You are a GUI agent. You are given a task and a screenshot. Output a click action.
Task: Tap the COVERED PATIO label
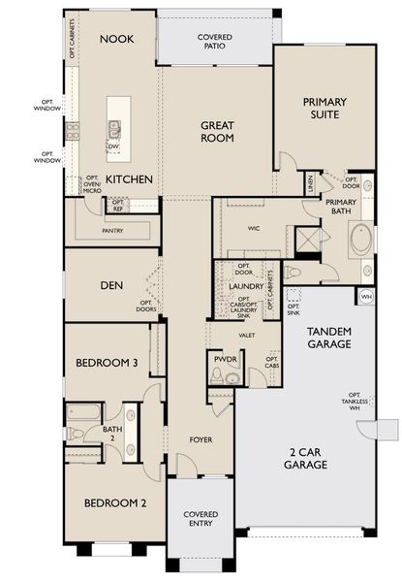tap(214, 41)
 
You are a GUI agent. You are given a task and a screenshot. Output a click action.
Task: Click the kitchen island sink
tap(115, 126)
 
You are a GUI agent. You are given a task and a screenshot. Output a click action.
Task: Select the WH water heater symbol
tap(367, 296)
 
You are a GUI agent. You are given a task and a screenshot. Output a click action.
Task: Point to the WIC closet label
tap(255, 227)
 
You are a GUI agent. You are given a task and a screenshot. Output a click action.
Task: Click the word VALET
tap(246, 335)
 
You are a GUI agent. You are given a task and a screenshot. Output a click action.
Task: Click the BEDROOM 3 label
tap(108, 363)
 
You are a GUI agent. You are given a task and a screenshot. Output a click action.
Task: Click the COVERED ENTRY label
tap(201, 520)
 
